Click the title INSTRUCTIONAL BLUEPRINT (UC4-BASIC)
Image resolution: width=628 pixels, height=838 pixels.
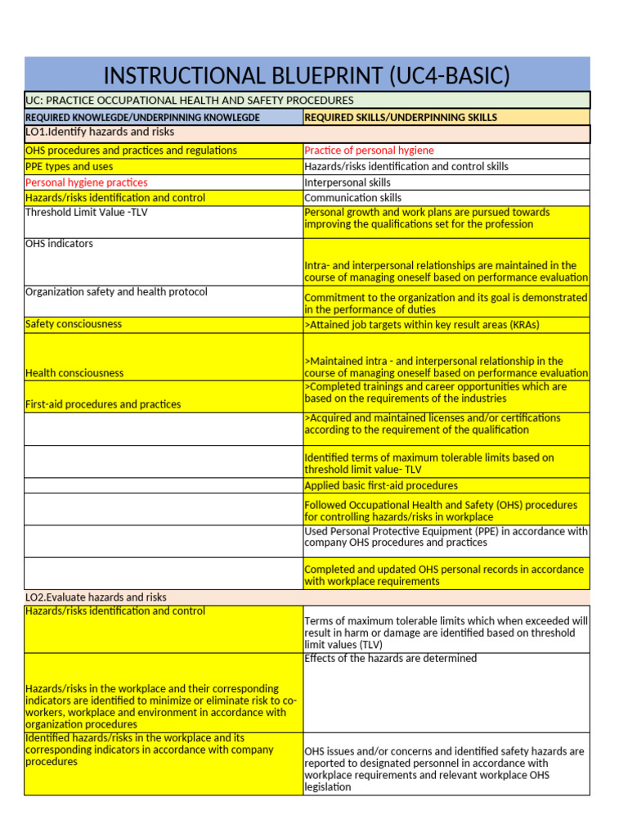[x=307, y=76]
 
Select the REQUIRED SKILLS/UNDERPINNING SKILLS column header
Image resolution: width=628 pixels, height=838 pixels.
[x=401, y=117]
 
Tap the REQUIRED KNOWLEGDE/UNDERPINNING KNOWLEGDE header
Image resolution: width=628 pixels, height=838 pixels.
[x=142, y=117]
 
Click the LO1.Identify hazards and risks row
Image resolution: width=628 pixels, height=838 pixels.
[x=100, y=132]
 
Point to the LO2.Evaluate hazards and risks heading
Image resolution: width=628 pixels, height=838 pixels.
[x=96, y=597]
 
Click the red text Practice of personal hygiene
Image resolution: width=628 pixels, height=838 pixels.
[x=369, y=151]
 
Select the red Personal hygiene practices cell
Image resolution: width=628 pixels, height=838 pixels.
[x=87, y=182]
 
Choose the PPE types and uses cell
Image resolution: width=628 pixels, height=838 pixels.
[x=70, y=166]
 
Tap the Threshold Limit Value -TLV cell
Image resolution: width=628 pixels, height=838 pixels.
[x=87, y=213]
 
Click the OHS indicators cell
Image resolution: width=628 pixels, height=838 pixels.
[x=60, y=244]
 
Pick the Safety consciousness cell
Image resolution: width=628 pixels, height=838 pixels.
[x=74, y=324]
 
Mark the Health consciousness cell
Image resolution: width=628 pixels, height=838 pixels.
[x=74, y=372]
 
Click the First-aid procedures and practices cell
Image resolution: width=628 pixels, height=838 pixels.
[x=103, y=404]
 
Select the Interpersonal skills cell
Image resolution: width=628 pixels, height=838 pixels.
[x=348, y=182]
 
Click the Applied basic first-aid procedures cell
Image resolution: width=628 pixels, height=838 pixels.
[x=381, y=485]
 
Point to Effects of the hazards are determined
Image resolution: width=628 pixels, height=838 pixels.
[x=390, y=659]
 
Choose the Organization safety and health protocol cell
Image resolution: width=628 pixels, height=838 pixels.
[x=116, y=292]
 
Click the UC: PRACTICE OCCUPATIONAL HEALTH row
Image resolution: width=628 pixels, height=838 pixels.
[x=190, y=101]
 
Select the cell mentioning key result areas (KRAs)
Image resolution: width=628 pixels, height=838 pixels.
[x=421, y=325]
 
